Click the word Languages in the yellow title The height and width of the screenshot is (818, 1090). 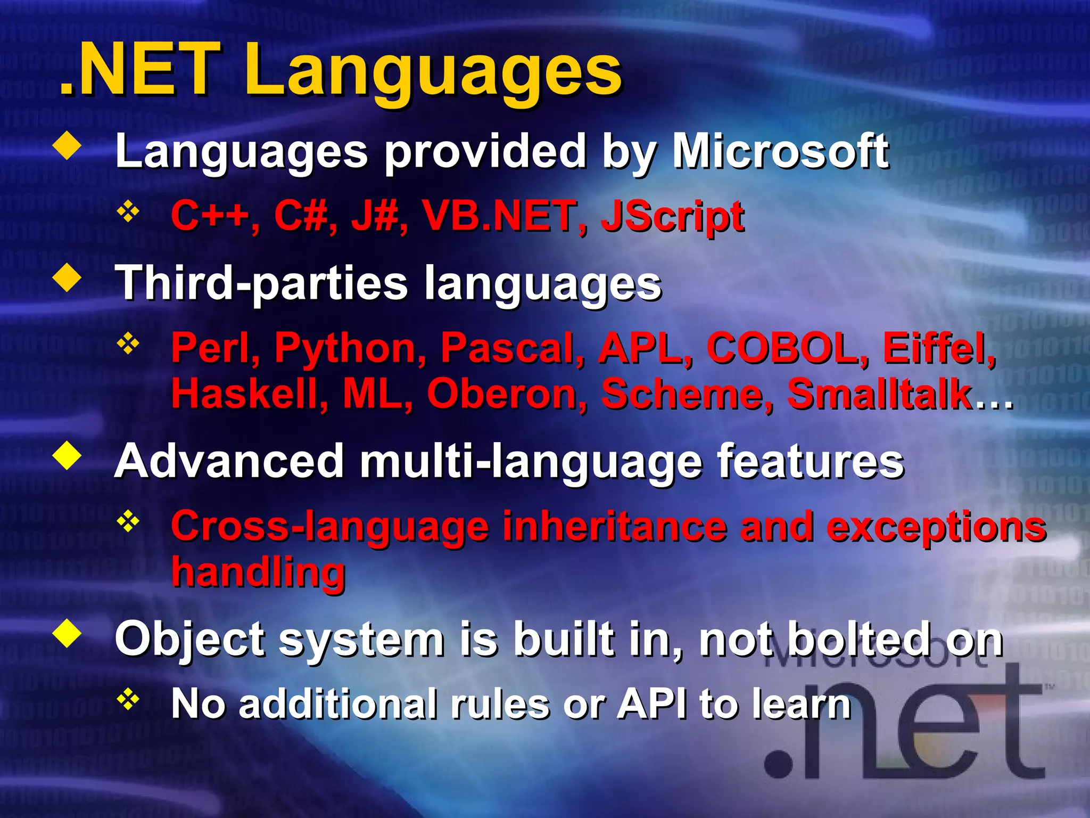tap(432, 72)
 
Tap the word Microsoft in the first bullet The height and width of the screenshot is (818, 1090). tap(780, 152)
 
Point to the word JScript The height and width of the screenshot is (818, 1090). tap(672, 217)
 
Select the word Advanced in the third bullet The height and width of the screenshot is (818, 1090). tap(229, 461)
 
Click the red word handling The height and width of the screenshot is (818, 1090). tap(259, 572)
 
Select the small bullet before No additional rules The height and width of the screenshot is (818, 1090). tap(128, 699)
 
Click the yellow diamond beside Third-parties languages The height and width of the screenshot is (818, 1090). tap(68, 278)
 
